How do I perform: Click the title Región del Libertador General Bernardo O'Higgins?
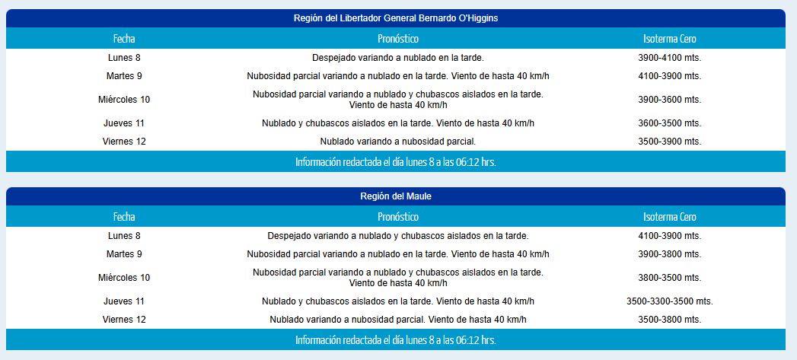tap(396, 18)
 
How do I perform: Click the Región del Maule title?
tap(396, 196)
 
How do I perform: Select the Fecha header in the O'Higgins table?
tap(124, 39)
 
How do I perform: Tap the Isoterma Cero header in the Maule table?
tap(669, 217)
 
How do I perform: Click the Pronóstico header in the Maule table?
tap(397, 217)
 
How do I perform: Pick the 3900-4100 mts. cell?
tap(669, 58)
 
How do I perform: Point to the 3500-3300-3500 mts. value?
tap(669, 301)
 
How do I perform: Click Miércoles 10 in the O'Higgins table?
tap(124, 100)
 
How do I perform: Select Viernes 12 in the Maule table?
tap(124, 320)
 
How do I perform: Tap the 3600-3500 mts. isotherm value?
tap(669, 123)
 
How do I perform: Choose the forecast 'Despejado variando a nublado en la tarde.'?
tap(397, 58)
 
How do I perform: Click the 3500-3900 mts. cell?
tap(669, 142)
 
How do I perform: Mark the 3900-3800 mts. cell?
tap(669, 254)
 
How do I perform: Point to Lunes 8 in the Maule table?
tap(124, 236)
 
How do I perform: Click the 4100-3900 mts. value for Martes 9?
tap(669, 76)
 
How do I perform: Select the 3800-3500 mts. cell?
tap(669, 278)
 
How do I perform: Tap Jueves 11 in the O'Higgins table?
tap(124, 123)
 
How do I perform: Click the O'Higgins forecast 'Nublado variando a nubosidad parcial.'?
tap(397, 142)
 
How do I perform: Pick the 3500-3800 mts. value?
tap(669, 320)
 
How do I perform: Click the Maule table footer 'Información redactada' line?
tap(396, 340)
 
